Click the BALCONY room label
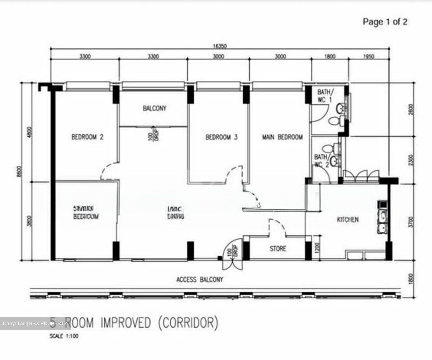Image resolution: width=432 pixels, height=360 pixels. coord(154,108)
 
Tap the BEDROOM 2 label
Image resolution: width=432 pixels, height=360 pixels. coord(87,137)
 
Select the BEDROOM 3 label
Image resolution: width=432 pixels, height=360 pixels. coord(221,137)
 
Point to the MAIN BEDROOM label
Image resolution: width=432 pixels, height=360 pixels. coord(282,137)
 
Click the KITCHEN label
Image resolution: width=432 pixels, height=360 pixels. coord(348,220)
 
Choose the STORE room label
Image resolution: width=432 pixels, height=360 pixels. coord(278,248)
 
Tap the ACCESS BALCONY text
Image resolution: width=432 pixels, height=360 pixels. coord(199,280)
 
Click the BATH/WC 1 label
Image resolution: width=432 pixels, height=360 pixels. coord(325,95)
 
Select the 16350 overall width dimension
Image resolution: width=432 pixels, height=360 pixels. coord(220,46)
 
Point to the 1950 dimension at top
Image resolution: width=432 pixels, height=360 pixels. coord(368,56)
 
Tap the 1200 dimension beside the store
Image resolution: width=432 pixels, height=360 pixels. coord(318,247)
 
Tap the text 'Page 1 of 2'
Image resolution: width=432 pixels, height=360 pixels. coord(385,22)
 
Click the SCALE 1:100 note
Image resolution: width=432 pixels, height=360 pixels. coord(64,336)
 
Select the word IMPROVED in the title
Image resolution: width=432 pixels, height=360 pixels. coord(126,323)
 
